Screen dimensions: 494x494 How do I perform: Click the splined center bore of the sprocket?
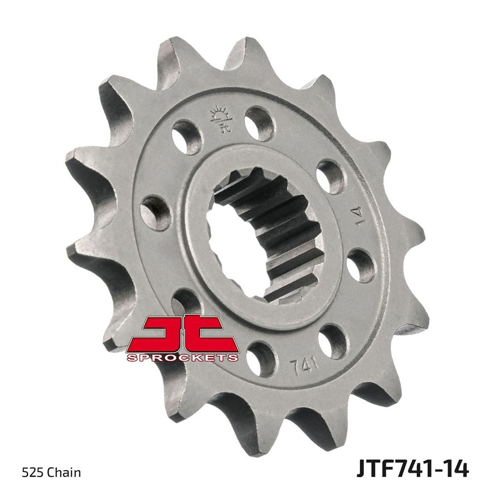click(x=262, y=232)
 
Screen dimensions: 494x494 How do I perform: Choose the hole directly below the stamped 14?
click(x=360, y=265)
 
